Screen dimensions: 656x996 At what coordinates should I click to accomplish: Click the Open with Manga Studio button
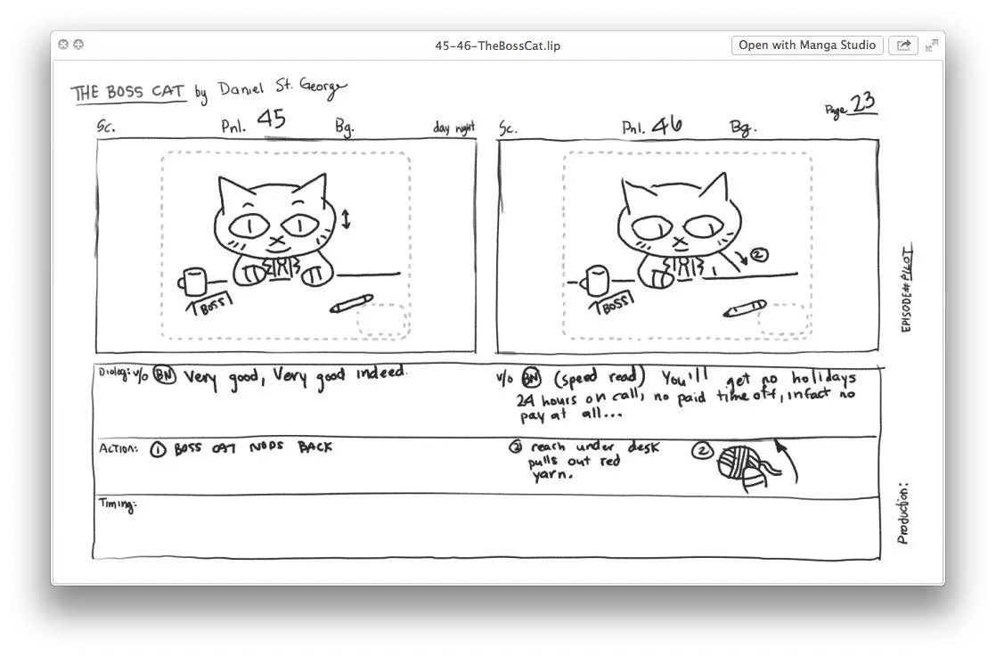click(807, 45)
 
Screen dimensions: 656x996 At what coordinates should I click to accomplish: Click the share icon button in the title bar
click(903, 45)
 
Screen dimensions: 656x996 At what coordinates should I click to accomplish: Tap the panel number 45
click(271, 119)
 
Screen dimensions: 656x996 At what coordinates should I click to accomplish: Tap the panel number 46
click(666, 126)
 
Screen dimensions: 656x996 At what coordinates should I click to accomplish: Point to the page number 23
click(862, 104)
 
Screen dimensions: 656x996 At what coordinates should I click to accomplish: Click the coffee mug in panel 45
click(192, 283)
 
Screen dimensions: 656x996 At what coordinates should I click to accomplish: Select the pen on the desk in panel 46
click(744, 308)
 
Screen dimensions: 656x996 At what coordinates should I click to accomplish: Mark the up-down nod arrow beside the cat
click(347, 218)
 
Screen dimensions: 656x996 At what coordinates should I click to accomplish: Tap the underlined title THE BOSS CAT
click(128, 93)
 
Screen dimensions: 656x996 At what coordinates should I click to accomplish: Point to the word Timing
click(117, 505)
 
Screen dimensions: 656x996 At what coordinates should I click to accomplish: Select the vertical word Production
click(903, 514)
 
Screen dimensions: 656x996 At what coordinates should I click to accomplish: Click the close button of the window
click(63, 45)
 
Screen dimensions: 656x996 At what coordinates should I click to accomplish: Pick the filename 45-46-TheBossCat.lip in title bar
click(498, 45)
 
